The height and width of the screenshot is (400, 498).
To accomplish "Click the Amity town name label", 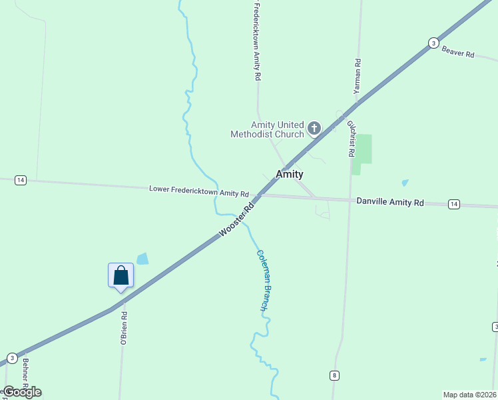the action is (290, 174).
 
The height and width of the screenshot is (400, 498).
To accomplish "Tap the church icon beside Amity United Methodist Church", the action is (314, 129).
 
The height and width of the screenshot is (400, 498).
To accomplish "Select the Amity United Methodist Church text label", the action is (267, 129).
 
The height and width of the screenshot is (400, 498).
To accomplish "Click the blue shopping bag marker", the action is (121, 275).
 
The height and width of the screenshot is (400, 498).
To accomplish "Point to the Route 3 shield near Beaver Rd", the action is (433, 43).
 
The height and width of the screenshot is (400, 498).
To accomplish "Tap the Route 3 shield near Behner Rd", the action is (13, 359).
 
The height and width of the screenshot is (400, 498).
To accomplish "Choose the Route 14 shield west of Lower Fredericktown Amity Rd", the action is (21, 181).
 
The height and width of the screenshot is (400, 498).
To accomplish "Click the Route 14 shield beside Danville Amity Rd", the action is (454, 203).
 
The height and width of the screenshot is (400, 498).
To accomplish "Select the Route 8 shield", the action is (334, 375).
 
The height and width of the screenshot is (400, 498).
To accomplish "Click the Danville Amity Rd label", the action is (390, 201).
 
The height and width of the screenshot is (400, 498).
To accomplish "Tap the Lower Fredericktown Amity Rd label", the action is (199, 192).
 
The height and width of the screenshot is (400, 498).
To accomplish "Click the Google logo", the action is (22, 392).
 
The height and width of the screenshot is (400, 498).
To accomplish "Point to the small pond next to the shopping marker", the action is (142, 259).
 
